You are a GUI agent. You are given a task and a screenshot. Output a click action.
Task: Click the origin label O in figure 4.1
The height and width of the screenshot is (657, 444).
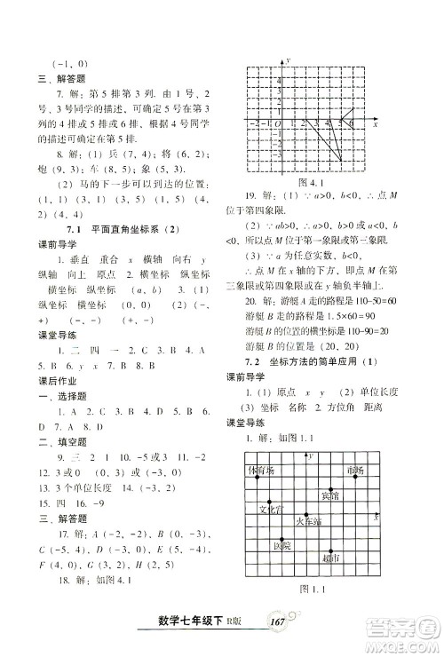coord(279,123)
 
